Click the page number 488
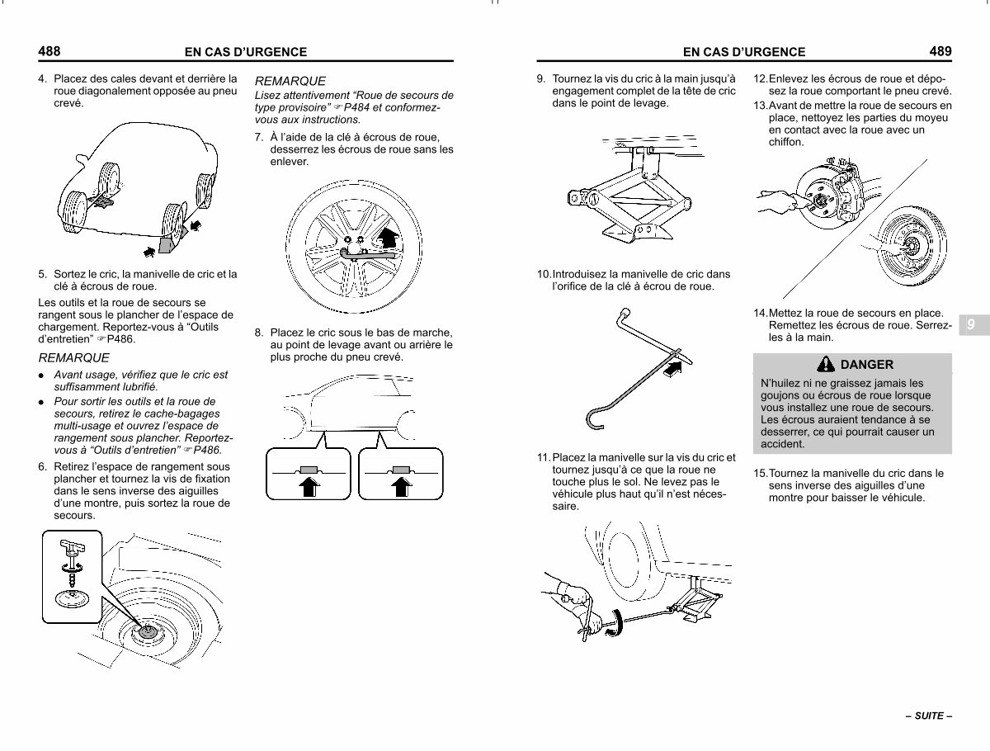coord(49,51)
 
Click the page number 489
coord(940,51)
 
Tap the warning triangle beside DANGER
coord(825,364)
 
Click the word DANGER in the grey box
coord(866,365)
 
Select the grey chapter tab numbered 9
coord(973,325)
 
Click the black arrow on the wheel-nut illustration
coord(388,237)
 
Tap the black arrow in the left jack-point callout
coord(309,486)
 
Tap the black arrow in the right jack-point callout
coord(402,486)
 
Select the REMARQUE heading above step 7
coord(290,81)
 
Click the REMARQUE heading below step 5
coord(73,358)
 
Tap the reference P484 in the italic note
coord(356,108)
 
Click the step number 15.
coord(761,473)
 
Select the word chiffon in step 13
coord(786,142)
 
